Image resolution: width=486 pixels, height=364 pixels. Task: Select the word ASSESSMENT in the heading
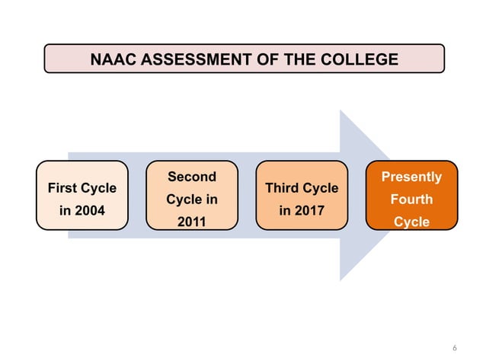click(x=191, y=59)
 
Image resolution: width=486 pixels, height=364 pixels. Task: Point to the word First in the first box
click(x=62, y=187)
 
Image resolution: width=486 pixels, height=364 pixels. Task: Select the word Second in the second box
click(x=192, y=177)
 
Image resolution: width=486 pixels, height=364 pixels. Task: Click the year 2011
click(x=192, y=222)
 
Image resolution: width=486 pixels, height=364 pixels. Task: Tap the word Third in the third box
click(x=282, y=187)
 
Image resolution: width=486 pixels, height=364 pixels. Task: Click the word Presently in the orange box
click(x=411, y=177)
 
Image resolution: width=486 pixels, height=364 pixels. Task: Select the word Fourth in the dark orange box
click(x=411, y=200)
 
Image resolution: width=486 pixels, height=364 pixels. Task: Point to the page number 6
click(x=455, y=348)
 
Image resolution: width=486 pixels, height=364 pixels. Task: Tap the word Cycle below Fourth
click(x=411, y=222)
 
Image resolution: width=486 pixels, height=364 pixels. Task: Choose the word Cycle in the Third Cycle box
click(x=320, y=187)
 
